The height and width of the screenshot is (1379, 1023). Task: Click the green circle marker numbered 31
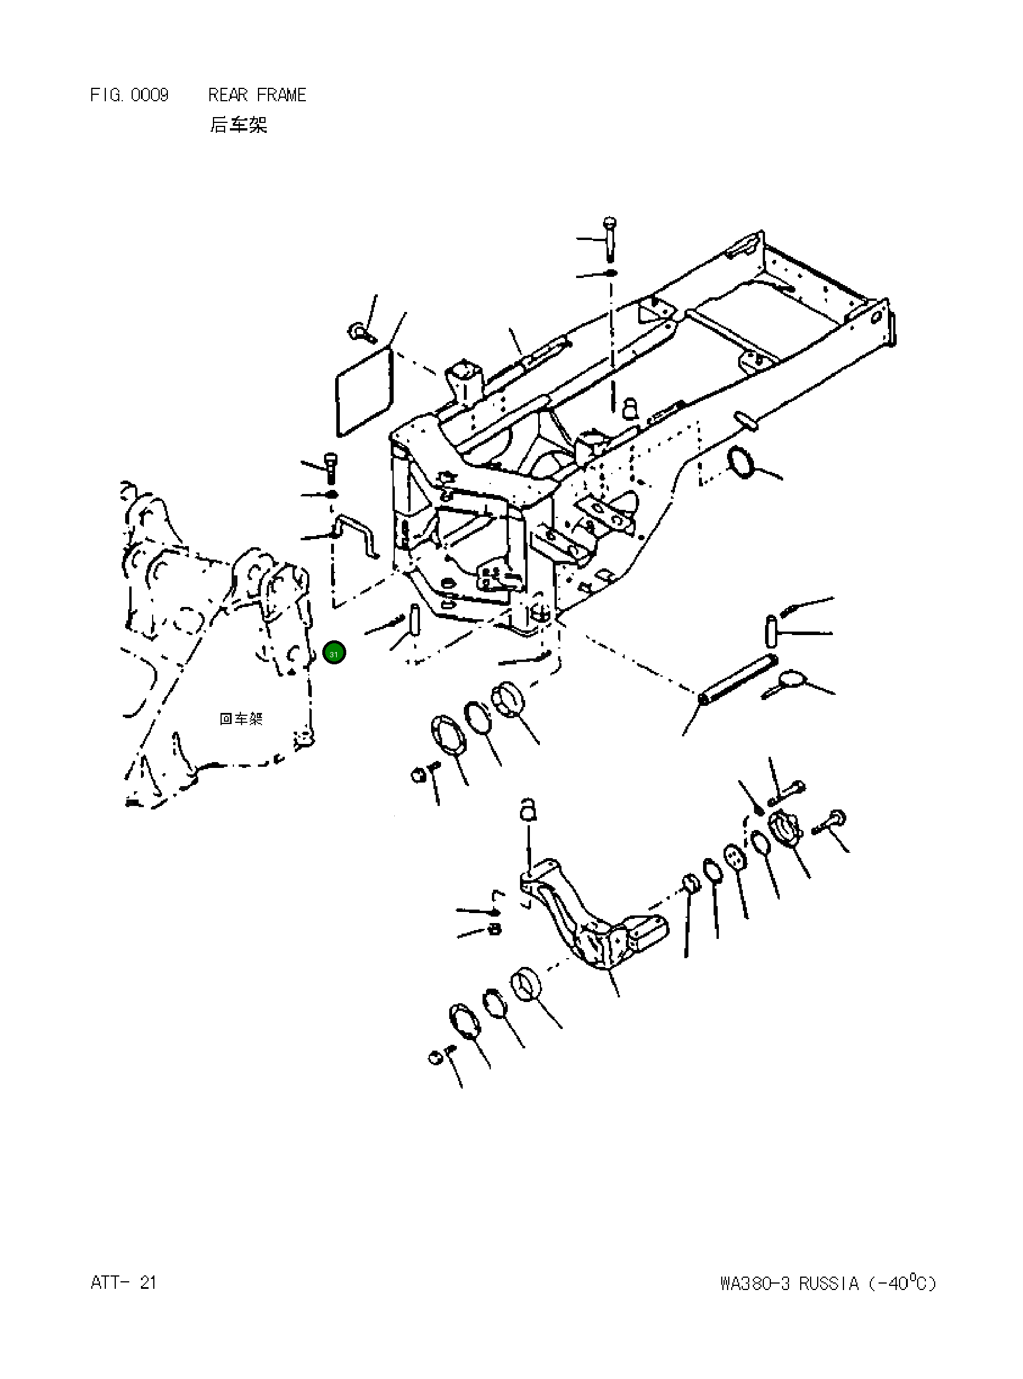[x=334, y=653]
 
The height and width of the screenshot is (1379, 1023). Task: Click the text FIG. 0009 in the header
[x=129, y=95]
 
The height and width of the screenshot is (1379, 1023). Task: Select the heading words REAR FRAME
[x=257, y=95]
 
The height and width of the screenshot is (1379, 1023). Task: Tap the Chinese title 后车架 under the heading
[x=238, y=125]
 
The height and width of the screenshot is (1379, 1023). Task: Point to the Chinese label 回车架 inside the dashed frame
[x=241, y=719]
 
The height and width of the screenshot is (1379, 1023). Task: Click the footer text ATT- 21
[x=123, y=1282]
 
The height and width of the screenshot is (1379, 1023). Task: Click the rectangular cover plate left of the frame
[x=365, y=392]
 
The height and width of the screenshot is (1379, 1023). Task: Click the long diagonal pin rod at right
[x=738, y=679]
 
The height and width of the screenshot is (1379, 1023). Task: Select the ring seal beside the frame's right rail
[x=742, y=463]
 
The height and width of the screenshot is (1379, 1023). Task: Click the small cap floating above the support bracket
[x=527, y=808]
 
